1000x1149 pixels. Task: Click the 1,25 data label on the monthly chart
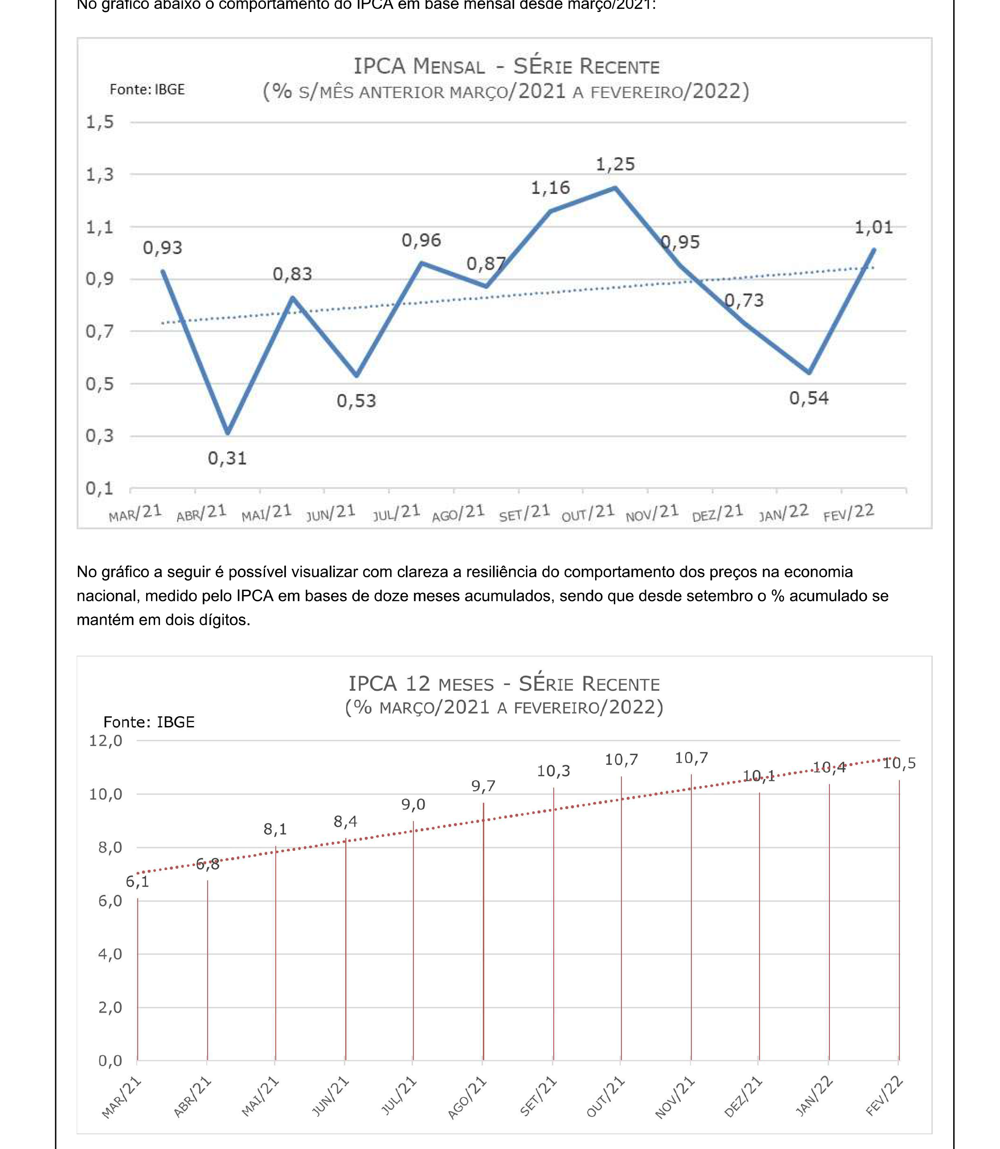[x=615, y=164]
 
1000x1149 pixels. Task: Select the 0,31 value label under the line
[x=227, y=458]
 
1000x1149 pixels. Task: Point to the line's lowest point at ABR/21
[x=227, y=433]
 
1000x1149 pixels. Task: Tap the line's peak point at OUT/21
[x=615, y=188]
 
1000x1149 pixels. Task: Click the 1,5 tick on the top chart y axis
[x=99, y=122]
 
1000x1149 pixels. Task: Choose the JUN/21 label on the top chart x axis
[x=331, y=513]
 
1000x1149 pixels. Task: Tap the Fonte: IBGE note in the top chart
[x=147, y=89]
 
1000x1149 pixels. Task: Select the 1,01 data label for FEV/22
[x=873, y=227]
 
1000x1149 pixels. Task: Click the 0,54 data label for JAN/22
[x=808, y=398]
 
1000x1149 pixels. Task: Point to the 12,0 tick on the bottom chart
[x=106, y=741]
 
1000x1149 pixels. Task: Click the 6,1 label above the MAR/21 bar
[x=137, y=882]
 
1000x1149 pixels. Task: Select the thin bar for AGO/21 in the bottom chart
[x=483, y=932]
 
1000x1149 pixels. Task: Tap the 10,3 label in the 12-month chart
[x=553, y=771]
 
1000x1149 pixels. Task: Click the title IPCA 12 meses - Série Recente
[x=504, y=684]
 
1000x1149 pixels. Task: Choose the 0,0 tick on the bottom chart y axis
[x=110, y=1061]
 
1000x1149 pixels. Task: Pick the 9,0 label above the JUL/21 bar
[x=413, y=804]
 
